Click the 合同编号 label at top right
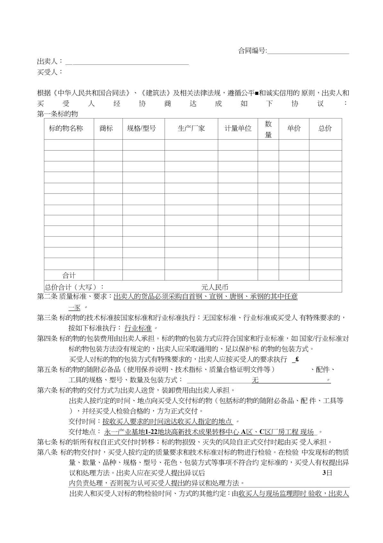[252, 51]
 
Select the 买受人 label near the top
[47, 72]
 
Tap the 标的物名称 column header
[66, 129]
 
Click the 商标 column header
[106, 129]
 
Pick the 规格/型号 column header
[141, 129]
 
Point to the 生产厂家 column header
[191, 129]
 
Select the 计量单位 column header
[238, 129]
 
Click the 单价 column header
[294, 129]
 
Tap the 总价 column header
[325, 129]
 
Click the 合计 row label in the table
[69, 275]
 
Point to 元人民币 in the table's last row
[215, 287]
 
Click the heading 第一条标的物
[58, 114]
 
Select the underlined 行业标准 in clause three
[138, 328]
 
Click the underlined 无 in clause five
[255, 380]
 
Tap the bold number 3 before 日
[324, 473]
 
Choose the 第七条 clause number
[47, 442]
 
